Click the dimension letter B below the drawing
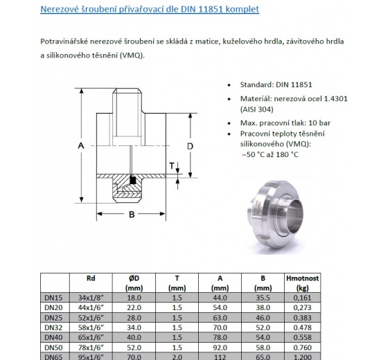(130, 215)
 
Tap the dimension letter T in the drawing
(172, 165)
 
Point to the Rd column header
(91, 278)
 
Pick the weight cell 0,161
(303, 298)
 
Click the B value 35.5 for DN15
(263, 298)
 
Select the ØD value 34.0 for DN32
(134, 327)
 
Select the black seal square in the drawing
(132, 181)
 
